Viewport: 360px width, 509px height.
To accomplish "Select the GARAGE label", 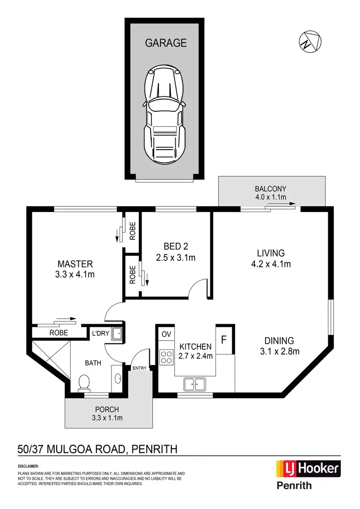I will tap(166, 43).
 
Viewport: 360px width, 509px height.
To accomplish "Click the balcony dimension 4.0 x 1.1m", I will tap(271, 197).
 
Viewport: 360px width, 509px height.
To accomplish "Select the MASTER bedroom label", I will tap(75, 264).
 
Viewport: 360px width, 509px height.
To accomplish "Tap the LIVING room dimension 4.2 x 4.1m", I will tap(271, 263).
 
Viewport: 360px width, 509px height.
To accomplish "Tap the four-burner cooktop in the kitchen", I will tap(166, 356).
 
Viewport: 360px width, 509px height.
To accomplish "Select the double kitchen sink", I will tap(194, 383).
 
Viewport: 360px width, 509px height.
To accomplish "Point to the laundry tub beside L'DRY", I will tap(116, 334).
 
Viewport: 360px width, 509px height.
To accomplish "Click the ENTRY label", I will tap(140, 367).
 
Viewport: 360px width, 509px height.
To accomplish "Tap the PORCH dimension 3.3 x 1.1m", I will tap(107, 418).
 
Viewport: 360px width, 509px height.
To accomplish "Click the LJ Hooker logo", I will tap(308, 468).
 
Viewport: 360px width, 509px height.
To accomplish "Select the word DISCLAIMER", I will tap(28, 466).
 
